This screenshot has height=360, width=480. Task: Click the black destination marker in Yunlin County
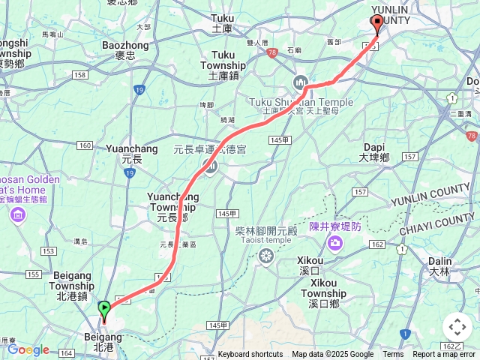(x=376, y=24)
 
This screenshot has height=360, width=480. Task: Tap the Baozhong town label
(x=125, y=50)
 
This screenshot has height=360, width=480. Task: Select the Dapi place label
(x=374, y=152)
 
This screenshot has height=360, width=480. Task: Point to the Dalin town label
(x=440, y=266)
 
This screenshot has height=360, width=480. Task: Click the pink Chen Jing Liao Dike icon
(x=334, y=242)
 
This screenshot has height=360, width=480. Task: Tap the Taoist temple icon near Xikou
(x=265, y=256)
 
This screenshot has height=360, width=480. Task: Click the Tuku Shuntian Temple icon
(x=301, y=82)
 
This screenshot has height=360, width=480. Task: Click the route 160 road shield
(x=84, y=145)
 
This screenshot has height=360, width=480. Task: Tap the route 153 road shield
(x=50, y=250)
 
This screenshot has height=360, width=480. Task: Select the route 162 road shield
(x=376, y=244)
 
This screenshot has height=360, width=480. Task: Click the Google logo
(x=28, y=349)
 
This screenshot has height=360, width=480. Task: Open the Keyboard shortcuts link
(x=250, y=355)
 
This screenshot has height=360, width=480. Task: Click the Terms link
(x=393, y=355)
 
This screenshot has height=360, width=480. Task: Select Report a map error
(x=444, y=355)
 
